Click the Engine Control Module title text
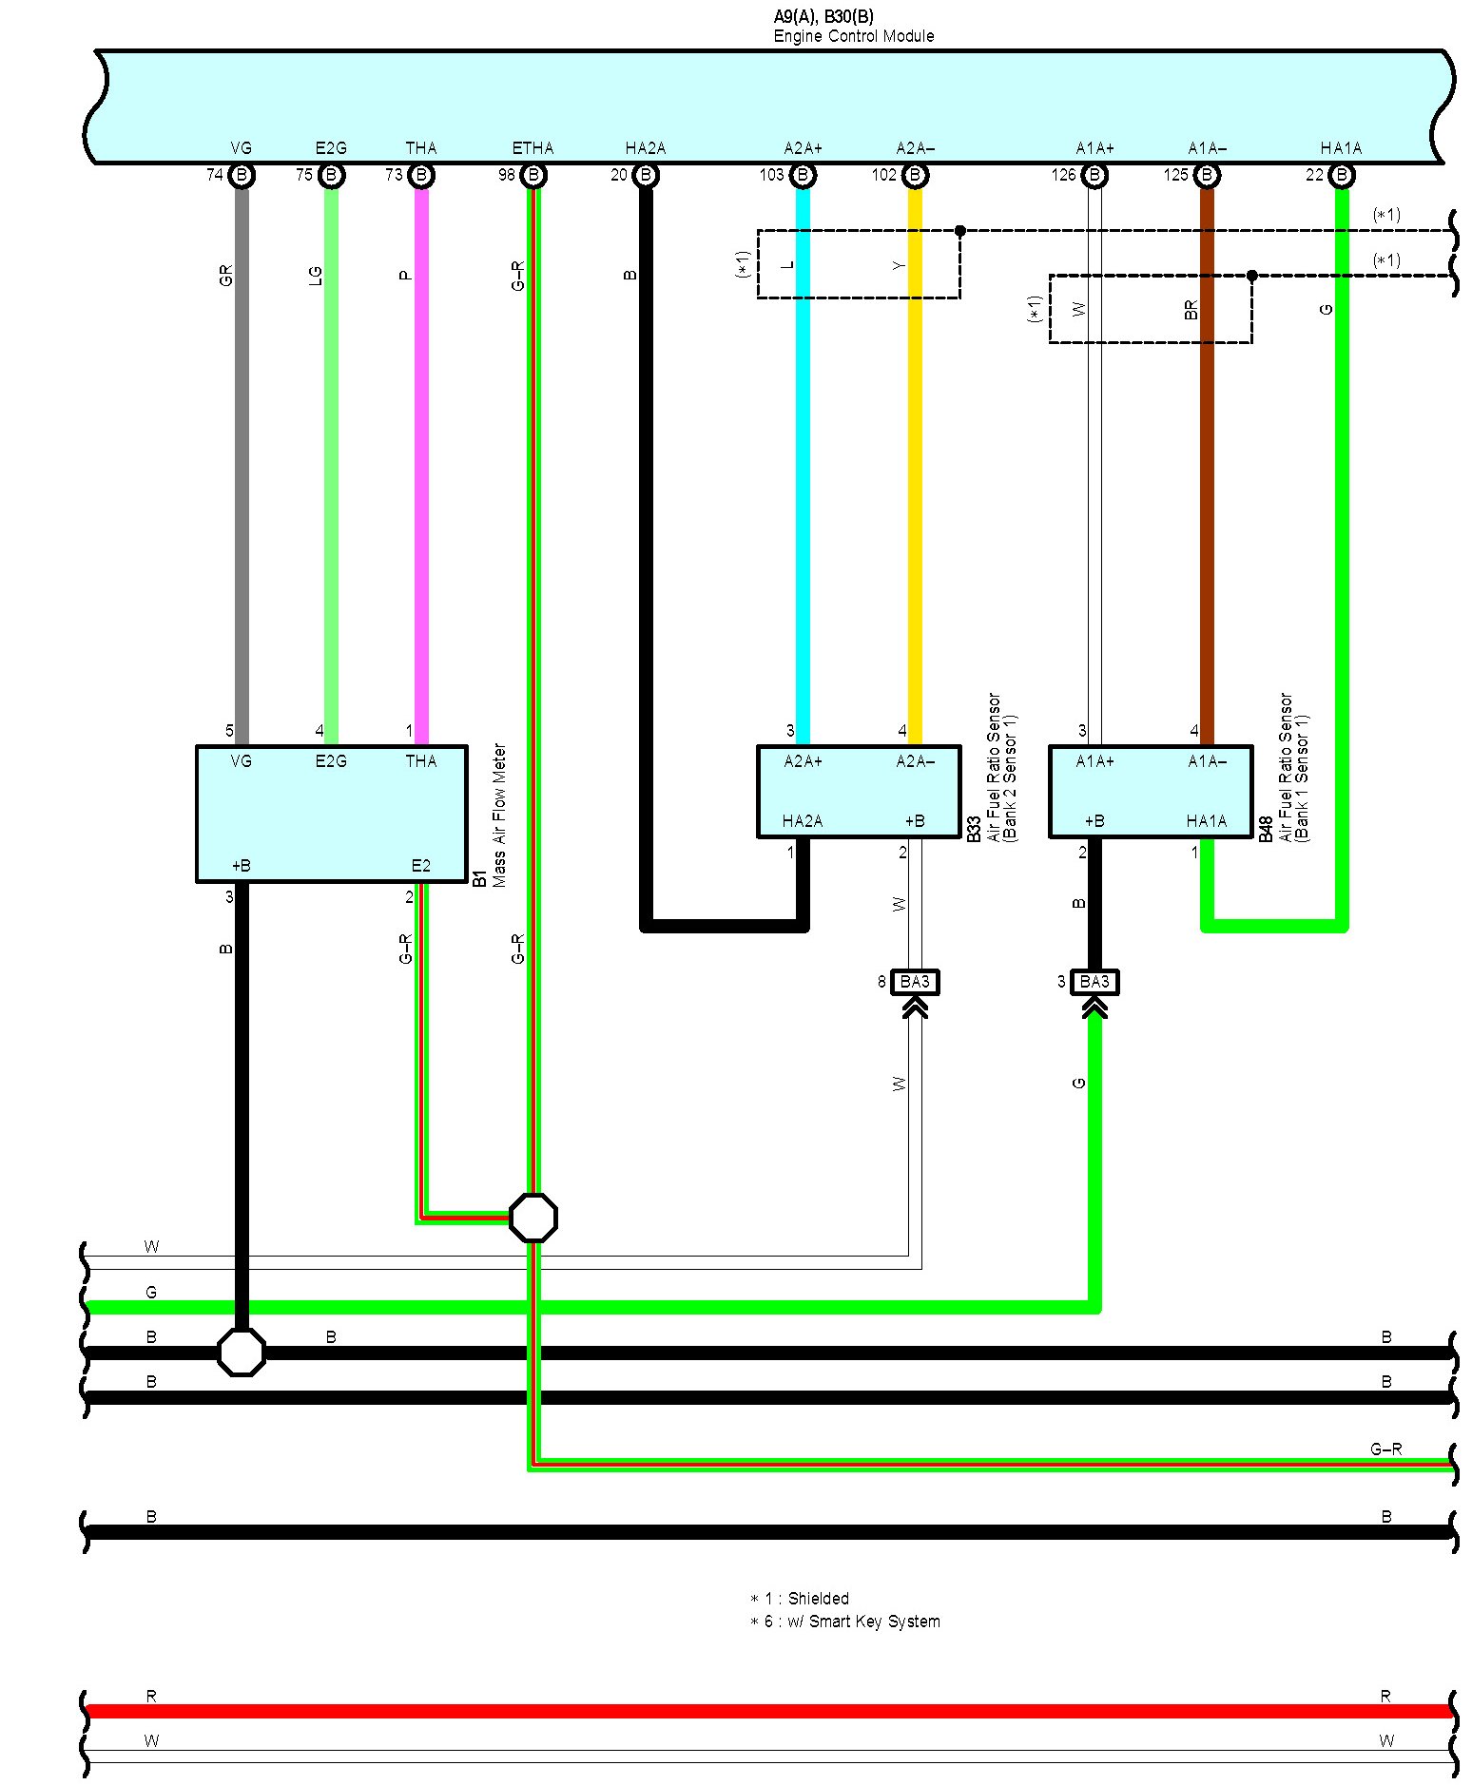pos(853,36)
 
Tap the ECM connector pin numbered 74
pos(242,175)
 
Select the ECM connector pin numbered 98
pos(533,175)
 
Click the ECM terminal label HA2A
pos(645,148)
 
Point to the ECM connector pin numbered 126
pos(1094,175)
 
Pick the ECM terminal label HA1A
pos(1341,148)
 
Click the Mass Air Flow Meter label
pos(500,816)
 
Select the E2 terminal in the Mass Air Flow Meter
pos(420,866)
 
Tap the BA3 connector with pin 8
pos(915,981)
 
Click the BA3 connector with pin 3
pos(1094,981)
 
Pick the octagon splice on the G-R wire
pos(533,1218)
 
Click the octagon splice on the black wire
pos(242,1352)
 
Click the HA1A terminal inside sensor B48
pos(1206,821)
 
